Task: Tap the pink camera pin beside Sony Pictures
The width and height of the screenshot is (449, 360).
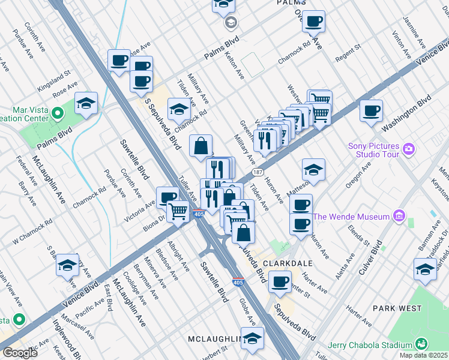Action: click(409, 148)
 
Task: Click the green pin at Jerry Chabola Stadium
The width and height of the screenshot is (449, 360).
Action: click(421, 344)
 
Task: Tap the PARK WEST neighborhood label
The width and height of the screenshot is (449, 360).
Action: click(397, 308)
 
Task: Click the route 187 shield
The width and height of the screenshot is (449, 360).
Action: click(256, 172)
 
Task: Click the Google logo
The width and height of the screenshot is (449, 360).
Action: click(20, 353)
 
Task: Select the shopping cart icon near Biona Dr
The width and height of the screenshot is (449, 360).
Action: click(178, 211)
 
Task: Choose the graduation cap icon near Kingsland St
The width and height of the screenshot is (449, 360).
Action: click(86, 103)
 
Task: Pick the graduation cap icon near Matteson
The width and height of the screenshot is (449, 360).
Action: click(313, 170)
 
